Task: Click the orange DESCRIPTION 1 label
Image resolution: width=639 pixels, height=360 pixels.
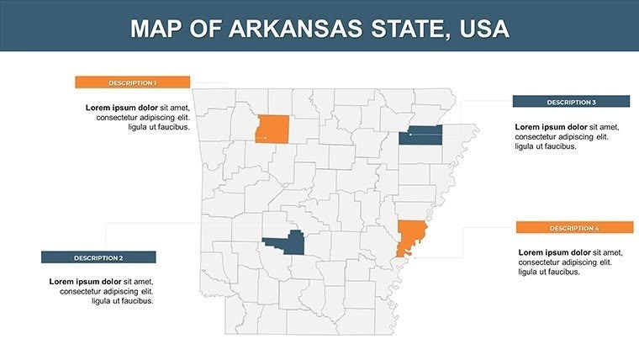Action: click(132, 82)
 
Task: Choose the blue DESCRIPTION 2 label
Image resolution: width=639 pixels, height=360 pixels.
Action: click(98, 257)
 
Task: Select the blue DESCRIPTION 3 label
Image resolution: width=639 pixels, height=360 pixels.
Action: click(571, 102)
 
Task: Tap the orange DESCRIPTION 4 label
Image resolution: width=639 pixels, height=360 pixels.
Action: click(574, 228)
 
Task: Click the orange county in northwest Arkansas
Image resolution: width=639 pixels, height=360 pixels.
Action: click(272, 129)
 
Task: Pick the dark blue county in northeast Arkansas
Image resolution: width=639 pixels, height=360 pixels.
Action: click(421, 135)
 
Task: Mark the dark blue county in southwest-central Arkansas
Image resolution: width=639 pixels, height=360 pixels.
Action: click(288, 243)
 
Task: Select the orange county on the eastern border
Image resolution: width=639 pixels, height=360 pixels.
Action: click(411, 236)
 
